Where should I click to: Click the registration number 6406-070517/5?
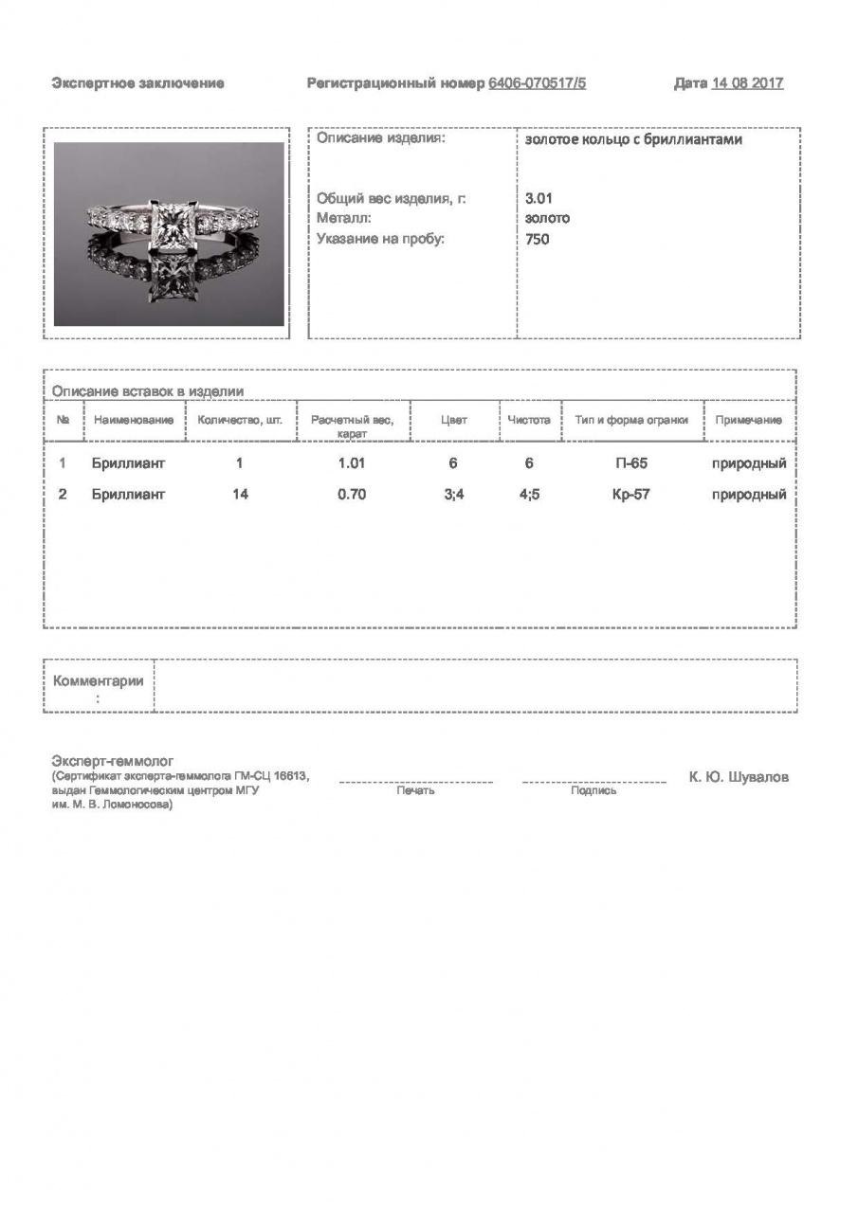point(538,83)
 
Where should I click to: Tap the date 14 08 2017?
point(747,83)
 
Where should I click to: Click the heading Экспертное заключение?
point(137,83)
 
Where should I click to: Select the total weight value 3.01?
point(539,199)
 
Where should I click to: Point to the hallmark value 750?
point(537,239)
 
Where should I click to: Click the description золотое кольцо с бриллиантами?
point(633,139)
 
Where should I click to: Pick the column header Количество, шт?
point(240,420)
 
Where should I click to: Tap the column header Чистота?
point(529,420)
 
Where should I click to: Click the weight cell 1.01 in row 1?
point(351,463)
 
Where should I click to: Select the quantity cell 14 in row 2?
point(240,494)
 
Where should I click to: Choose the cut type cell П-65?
point(631,463)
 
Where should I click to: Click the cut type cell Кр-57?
point(631,494)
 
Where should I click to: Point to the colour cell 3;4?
point(453,494)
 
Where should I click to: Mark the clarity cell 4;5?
point(529,494)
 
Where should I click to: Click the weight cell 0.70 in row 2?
point(351,494)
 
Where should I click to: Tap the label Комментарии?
point(99,680)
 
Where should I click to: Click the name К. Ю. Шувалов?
point(739,777)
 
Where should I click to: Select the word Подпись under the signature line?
point(593,790)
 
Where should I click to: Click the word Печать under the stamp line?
point(415,790)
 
